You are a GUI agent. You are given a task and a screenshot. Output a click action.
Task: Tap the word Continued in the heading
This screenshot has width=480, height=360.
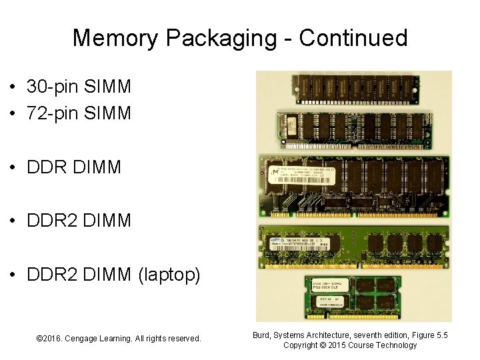[353, 37]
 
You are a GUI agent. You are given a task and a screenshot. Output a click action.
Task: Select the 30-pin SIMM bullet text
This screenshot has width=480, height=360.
[79, 86]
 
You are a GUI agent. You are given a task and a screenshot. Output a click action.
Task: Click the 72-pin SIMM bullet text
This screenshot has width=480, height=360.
[79, 113]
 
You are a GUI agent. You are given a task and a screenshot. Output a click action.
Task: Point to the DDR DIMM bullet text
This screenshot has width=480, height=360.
[74, 167]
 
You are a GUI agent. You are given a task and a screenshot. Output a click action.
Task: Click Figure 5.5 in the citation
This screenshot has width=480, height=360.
[429, 335]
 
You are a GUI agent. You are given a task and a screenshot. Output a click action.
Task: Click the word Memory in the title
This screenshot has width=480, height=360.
[116, 38]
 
